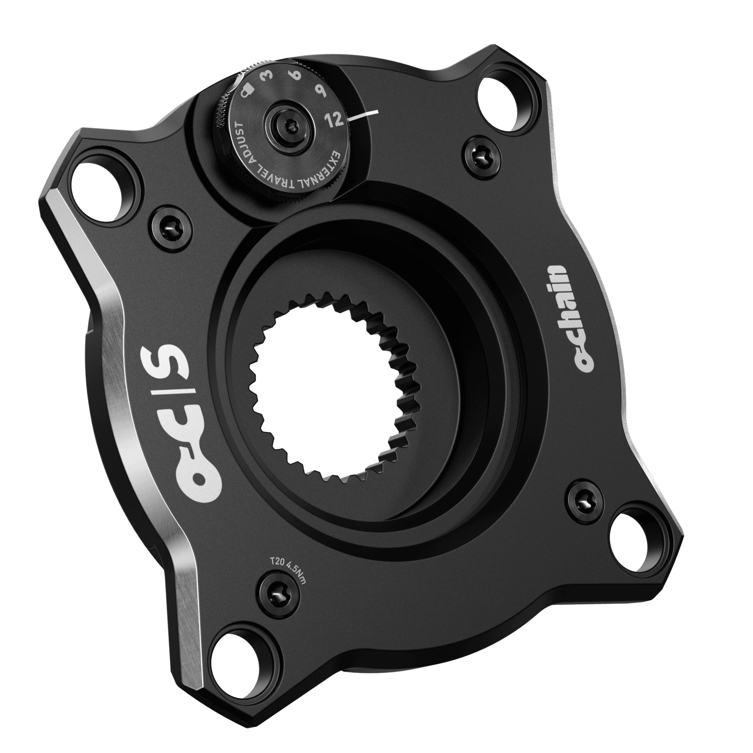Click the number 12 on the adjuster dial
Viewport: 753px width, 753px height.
coord(335,118)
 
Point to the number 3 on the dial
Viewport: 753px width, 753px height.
coord(268,75)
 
